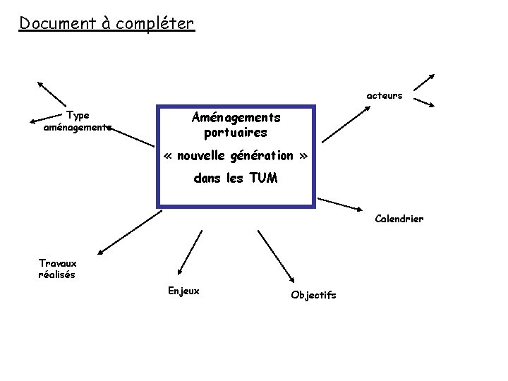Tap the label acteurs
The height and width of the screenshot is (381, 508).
click(x=385, y=95)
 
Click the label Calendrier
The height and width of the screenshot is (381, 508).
click(x=399, y=219)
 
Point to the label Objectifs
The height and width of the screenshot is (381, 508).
click(x=313, y=295)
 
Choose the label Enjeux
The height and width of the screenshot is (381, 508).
click(x=183, y=291)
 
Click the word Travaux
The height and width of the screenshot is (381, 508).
click(x=58, y=263)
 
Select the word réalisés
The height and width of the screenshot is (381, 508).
click(x=56, y=274)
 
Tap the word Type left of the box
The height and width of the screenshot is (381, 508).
click(x=78, y=116)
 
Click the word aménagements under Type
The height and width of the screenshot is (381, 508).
click(x=78, y=128)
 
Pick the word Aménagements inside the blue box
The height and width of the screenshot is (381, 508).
click(x=236, y=117)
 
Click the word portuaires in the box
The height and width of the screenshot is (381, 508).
click(x=236, y=132)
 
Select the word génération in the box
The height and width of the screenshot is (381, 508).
click(x=259, y=155)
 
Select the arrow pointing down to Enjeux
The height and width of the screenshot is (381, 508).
click(x=193, y=253)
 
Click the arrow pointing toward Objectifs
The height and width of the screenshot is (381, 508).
click(x=277, y=256)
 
